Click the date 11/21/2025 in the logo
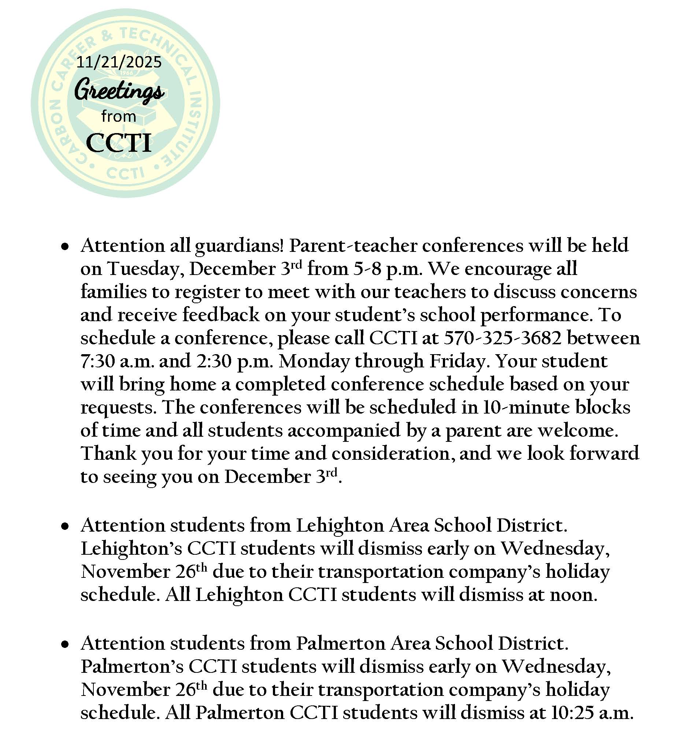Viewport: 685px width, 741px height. tap(119, 62)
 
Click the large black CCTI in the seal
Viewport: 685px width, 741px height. tap(119, 143)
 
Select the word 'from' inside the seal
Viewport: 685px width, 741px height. tap(119, 117)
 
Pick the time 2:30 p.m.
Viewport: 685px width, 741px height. tap(235, 361)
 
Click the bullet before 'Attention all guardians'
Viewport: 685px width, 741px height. tap(66, 246)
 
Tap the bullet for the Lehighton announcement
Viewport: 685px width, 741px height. tap(66, 526)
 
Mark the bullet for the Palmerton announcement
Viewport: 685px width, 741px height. tap(66, 645)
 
